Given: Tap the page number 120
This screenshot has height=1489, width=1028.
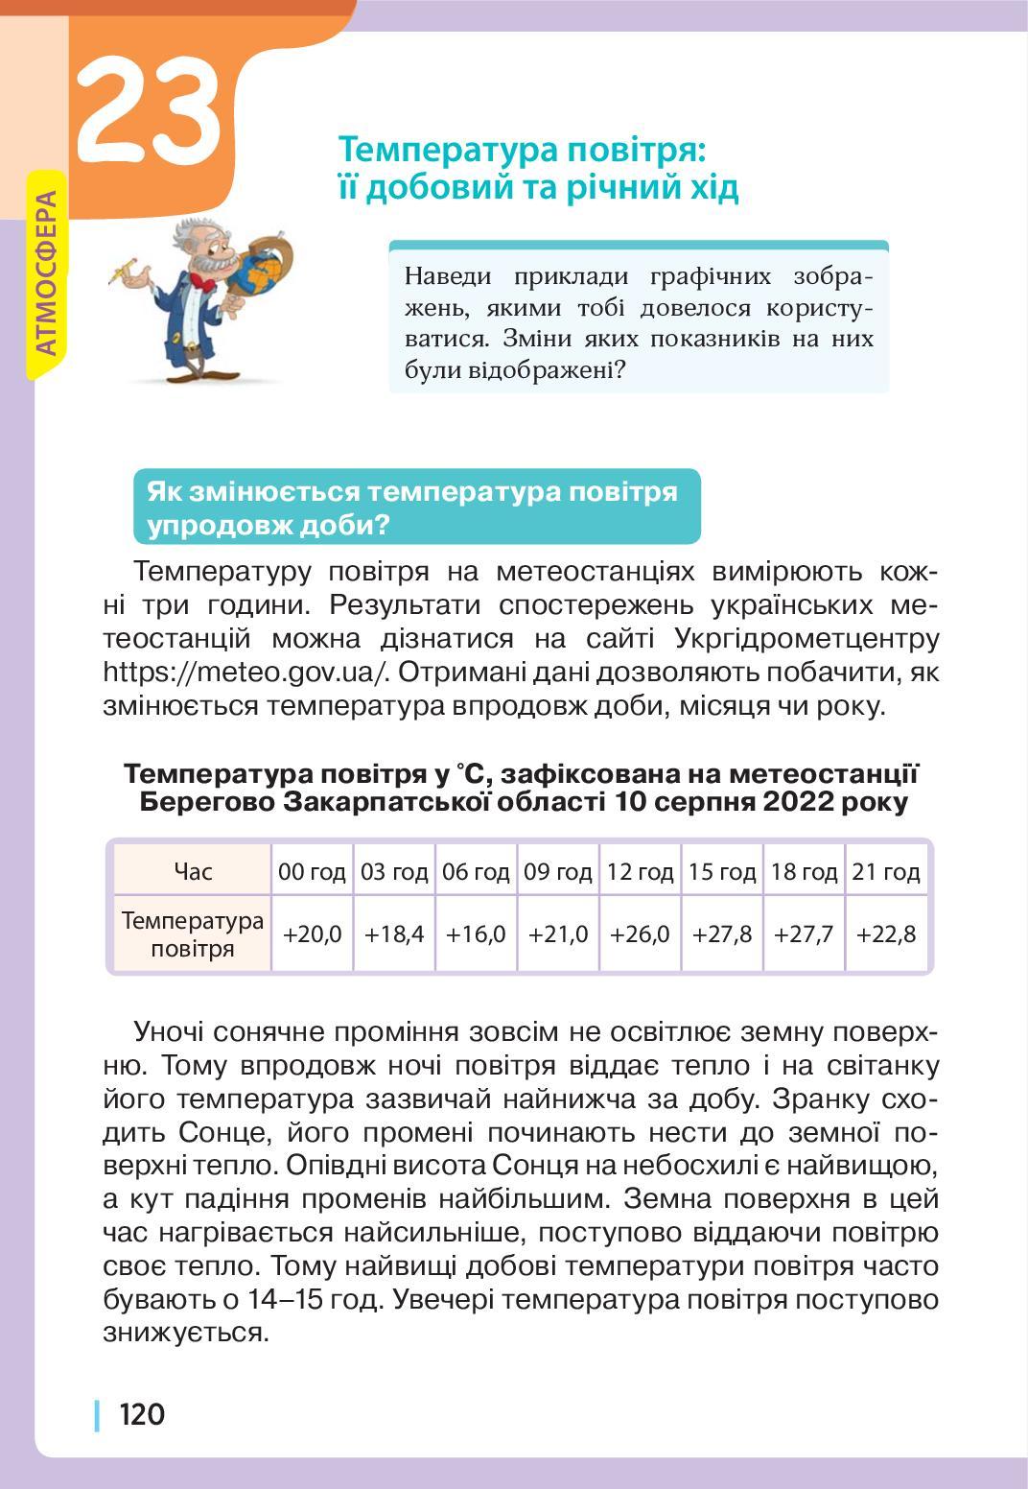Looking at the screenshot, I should coord(141,1413).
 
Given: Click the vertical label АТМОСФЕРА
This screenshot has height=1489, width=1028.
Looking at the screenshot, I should coord(45,273).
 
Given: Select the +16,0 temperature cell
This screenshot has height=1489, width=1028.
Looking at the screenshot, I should coord(476,934).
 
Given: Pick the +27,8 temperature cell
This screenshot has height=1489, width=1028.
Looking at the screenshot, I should coord(722,934).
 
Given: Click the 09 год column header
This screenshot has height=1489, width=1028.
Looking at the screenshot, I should coord(558,871).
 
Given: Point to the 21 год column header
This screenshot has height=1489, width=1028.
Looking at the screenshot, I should coord(886,871).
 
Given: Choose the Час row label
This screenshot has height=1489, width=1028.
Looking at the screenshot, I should coord(193,871).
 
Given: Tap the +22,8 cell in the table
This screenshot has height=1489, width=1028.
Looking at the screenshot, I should coord(886,934).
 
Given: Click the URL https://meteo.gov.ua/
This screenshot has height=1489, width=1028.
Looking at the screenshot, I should coord(245,672).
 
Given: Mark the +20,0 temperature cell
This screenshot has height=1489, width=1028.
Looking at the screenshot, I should coord(313,934).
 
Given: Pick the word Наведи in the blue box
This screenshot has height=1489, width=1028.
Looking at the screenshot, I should coord(447,276).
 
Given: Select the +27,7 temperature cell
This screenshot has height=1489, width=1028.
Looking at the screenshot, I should coord(804,934).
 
